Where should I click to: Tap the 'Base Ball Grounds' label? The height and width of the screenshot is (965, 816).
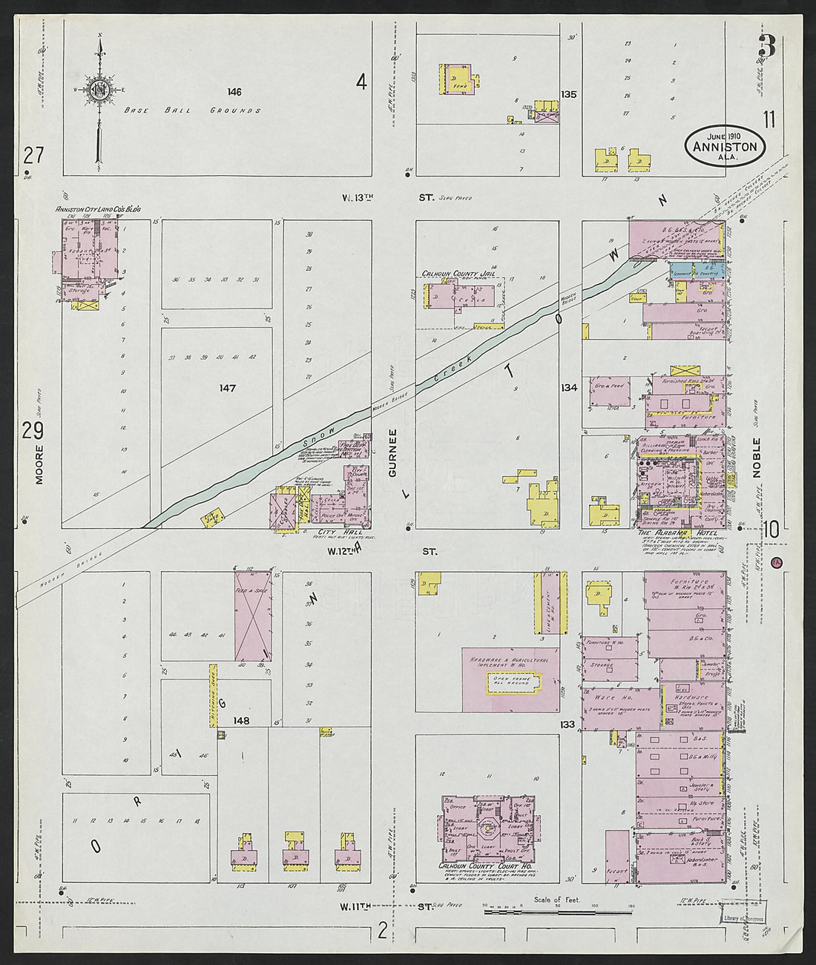pyautogui.click(x=192, y=111)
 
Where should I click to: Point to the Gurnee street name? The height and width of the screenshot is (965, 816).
pyautogui.click(x=393, y=452)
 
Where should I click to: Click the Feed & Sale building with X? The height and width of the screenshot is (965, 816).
pyautogui.click(x=252, y=615)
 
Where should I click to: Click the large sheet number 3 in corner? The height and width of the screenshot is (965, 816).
pyautogui.click(x=766, y=47)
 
